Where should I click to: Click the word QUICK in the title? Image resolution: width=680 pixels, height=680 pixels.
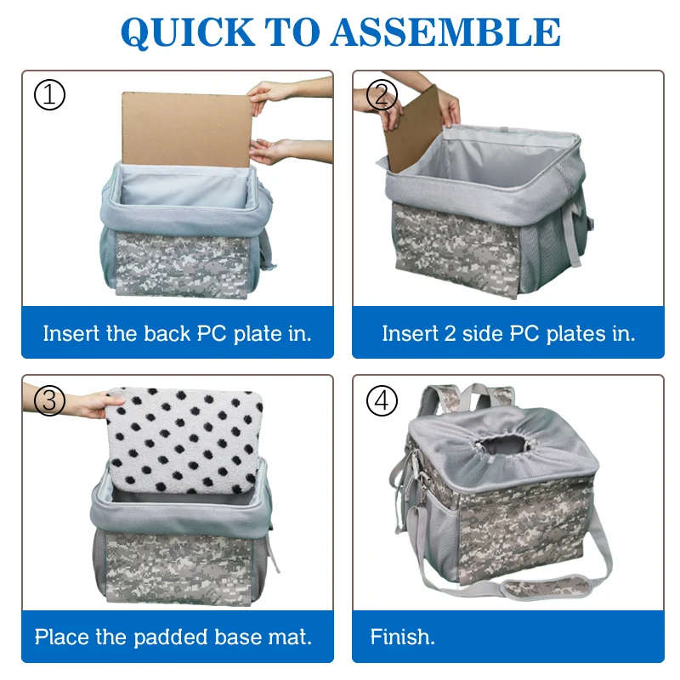click(188, 32)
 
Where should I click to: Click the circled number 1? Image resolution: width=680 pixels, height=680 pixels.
click(49, 95)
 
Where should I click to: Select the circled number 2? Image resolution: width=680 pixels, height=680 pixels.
click(382, 95)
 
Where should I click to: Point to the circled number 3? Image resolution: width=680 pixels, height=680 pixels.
click(49, 400)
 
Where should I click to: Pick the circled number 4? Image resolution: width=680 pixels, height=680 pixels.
click(382, 400)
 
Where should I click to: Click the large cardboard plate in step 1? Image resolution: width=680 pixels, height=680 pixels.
click(186, 129)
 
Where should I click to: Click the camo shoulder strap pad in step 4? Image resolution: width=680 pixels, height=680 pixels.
click(546, 586)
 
